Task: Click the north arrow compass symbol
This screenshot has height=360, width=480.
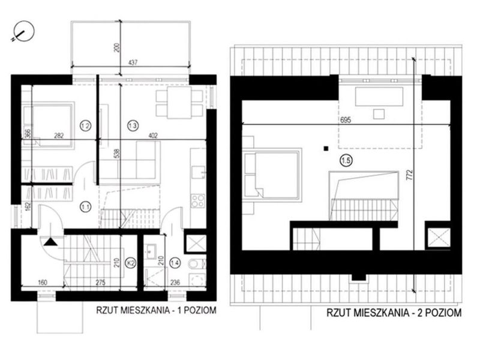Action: point(23,32)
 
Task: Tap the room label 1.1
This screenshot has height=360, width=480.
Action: point(85,207)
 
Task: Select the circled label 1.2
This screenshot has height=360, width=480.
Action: point(85,125)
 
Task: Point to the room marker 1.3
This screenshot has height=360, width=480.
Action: point(133,125)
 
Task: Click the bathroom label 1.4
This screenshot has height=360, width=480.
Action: point(175,262)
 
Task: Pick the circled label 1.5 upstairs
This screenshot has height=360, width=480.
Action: point(346,160)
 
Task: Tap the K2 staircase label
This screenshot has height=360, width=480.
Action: point(131,262)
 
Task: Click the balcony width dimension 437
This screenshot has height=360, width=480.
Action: point(133,62)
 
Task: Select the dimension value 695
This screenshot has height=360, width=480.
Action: point(346,119)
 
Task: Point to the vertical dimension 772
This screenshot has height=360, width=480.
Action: point(410,176)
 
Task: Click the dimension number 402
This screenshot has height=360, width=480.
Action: point(152,136)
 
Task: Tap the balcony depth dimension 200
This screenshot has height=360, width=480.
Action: point(116,48)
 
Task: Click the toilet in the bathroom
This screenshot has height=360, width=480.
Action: point(197,263)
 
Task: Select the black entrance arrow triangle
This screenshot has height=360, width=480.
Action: point(50,242)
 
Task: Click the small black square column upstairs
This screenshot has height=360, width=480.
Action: point(326,149)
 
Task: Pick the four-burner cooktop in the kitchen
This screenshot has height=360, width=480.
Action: point(198,201)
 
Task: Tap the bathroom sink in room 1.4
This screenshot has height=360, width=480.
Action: point(151,251)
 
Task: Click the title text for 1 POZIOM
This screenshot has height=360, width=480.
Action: point(157,310)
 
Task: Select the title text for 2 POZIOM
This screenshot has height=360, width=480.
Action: point(394,313)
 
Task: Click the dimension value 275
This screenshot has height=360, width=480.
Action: point(101,282)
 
